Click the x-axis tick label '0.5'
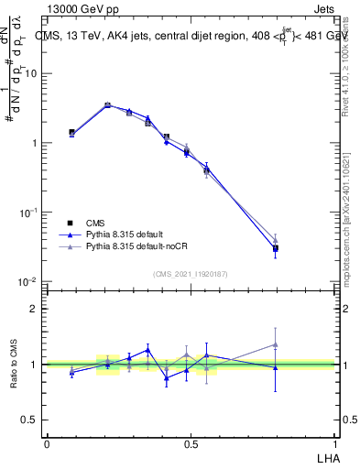190,444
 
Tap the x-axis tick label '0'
47,444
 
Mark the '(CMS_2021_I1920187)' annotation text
190,273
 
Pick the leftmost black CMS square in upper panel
71,132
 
